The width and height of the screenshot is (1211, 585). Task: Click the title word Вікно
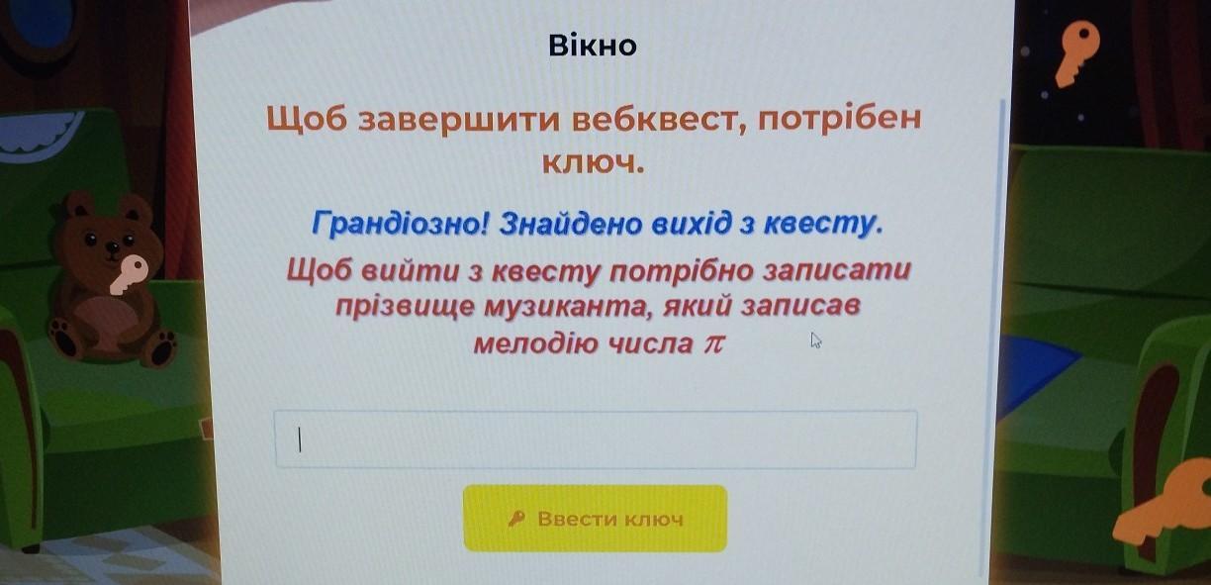593,46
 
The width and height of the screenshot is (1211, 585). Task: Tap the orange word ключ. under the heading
593,162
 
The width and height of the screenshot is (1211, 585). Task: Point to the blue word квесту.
823,224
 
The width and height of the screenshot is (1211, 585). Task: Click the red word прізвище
404,307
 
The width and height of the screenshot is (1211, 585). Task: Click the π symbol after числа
712,344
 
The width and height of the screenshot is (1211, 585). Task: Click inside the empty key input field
596,439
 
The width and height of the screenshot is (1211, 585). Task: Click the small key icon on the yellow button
516,519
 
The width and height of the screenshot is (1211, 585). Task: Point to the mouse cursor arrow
816,341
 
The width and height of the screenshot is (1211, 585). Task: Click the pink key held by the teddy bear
129,274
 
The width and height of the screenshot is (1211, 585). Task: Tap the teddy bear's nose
113,247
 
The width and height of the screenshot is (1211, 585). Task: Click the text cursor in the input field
299,439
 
